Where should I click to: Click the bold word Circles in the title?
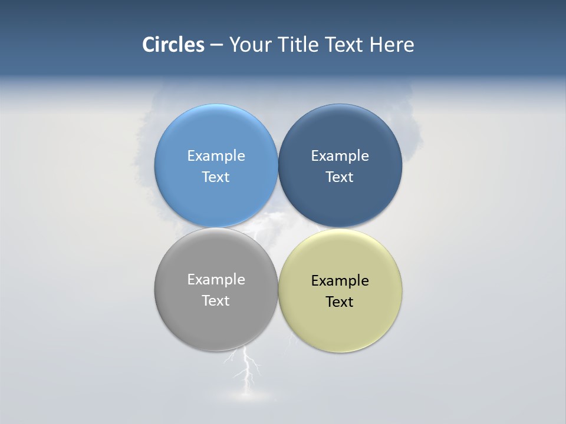pos(173,45)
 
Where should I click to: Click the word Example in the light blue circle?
pos(216,156)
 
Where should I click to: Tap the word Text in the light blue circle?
pos(216,177)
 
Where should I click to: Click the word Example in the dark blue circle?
pos(340,156)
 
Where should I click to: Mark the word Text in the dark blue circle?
pos(340,177)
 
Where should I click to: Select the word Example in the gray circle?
pos(216,280)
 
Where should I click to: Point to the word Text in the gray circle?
pos(216,301)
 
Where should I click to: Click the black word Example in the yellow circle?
pos(340,281)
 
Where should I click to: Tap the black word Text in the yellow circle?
pos(340,302)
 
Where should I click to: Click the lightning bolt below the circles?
pos(248,368)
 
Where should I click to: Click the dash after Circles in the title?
pos(216,45)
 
